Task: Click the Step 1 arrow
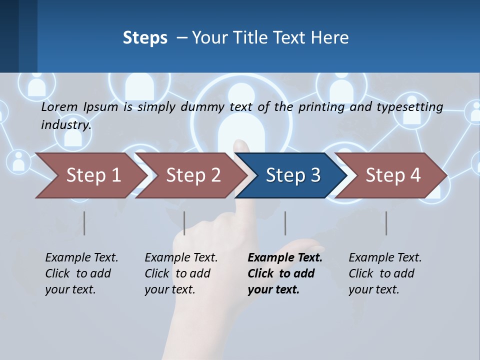[x=90, y=175]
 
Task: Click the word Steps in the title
[x=145, y=38]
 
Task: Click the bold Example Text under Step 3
[x=285, y=258]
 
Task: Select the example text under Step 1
[x=81, y=273]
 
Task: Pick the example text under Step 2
[x=181, y=273]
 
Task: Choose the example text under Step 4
[x=385, y=273]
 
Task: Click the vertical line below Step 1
[x=84, y=223]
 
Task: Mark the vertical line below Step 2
[x=184, y=223]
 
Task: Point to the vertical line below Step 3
[x=285, y=223]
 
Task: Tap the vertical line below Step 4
[x=386, y=223]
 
